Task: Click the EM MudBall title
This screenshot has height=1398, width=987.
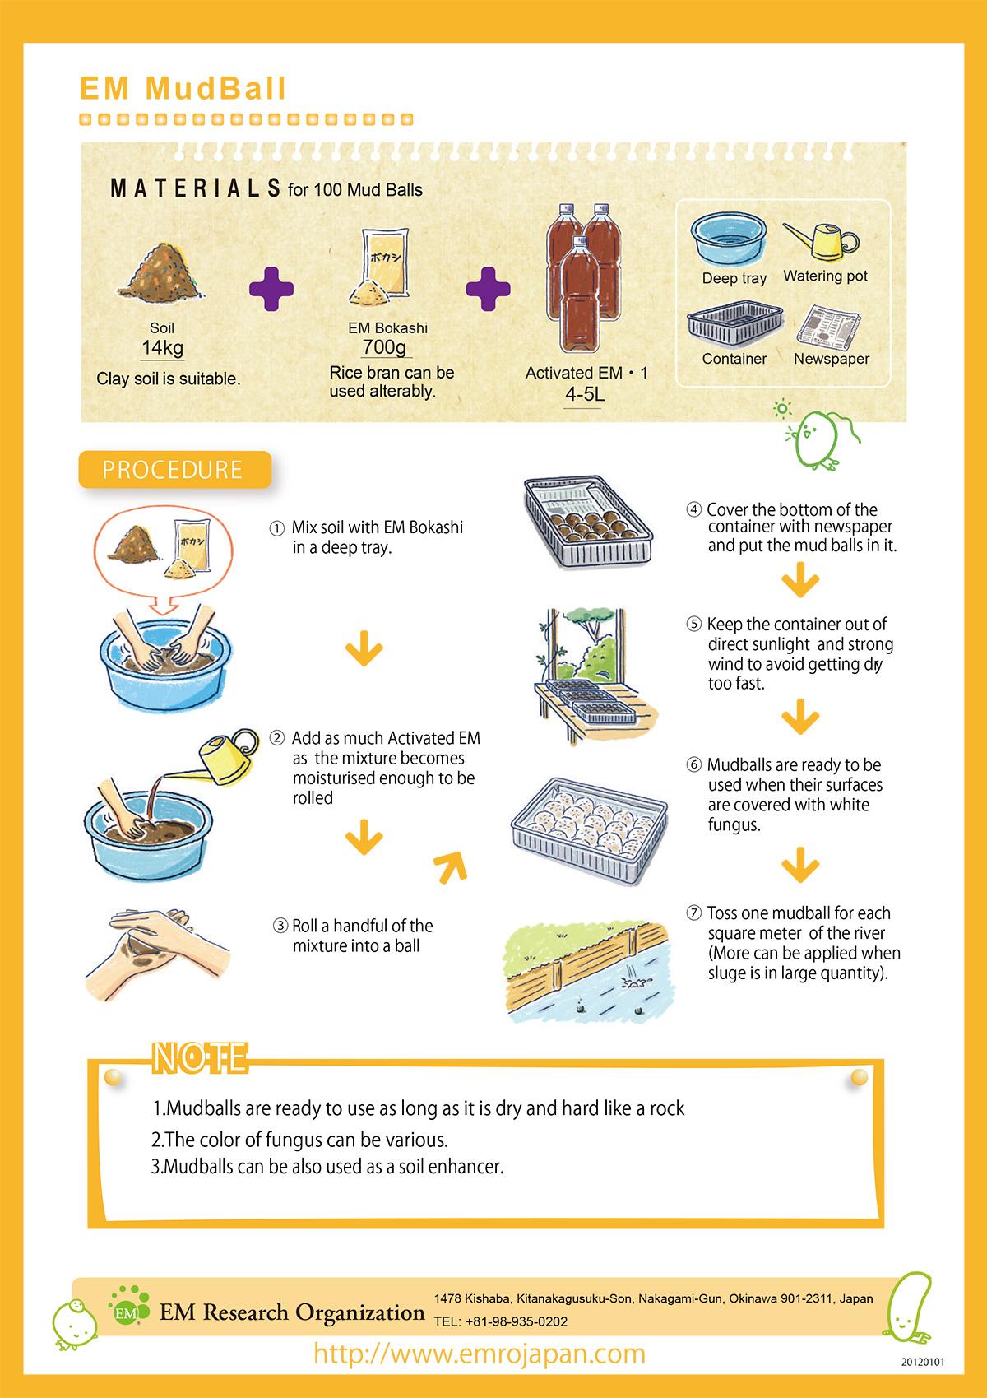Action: click(183, 88)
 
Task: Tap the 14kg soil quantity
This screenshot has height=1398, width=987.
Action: click(162, 347)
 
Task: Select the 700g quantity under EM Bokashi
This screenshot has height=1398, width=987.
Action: click(384, 346)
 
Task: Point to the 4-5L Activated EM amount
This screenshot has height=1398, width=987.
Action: click(585, 394)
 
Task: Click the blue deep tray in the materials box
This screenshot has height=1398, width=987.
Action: click(728, 238)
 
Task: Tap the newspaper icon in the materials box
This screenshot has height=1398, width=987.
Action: click(828, 327)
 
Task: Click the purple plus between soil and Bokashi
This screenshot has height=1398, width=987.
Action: click(271, 289)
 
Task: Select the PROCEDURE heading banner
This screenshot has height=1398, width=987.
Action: click(174, 469)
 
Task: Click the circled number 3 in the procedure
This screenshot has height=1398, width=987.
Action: click(280, 925)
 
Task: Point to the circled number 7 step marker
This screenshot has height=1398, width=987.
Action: click(693, 913)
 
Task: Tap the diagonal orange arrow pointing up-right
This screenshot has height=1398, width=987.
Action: click(452, 867)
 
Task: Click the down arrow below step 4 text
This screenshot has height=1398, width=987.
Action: click(800, 579)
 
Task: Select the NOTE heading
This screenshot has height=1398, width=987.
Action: click(200, 1058)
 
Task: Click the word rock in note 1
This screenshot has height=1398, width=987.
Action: click(667, 1108)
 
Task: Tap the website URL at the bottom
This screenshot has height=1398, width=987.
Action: click(480, 1354)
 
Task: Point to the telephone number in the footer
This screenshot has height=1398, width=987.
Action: click(501, 1321)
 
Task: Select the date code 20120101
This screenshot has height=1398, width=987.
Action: click(922, 1362)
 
